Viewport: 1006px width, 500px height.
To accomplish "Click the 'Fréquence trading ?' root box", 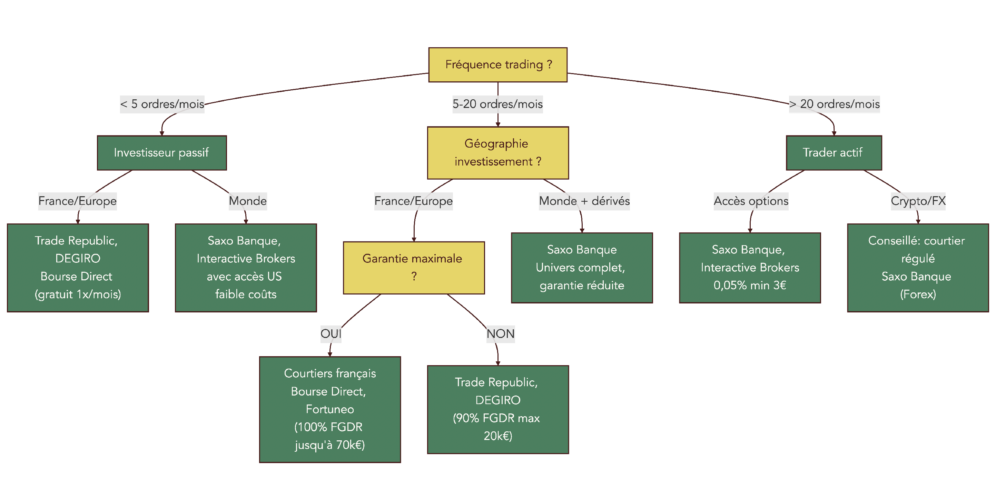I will tap(497, 65).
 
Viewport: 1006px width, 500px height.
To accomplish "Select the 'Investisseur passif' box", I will tap(162, 153).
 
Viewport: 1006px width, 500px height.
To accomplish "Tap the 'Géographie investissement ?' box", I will tap(497, 153).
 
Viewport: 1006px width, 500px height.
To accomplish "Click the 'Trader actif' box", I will tap(834, 153).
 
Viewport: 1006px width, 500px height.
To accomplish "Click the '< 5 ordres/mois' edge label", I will tap(162, 104).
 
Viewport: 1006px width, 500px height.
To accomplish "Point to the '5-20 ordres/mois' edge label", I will tap(497, 104).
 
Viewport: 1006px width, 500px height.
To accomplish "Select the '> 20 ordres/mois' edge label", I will tap(834, 104).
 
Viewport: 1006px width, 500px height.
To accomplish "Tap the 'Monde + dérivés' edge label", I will tap(584, 201).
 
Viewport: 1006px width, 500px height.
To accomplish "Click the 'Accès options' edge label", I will tap(751, 201).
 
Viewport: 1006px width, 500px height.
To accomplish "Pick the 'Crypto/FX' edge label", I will tap(918, 201).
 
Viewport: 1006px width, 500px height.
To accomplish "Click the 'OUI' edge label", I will tap(331, 334).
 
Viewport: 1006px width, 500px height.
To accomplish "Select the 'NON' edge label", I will tap(500, 334).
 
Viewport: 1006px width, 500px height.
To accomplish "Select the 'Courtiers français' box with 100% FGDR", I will tap(329, 409).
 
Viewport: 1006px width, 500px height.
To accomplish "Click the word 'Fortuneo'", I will tap(329, 409).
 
